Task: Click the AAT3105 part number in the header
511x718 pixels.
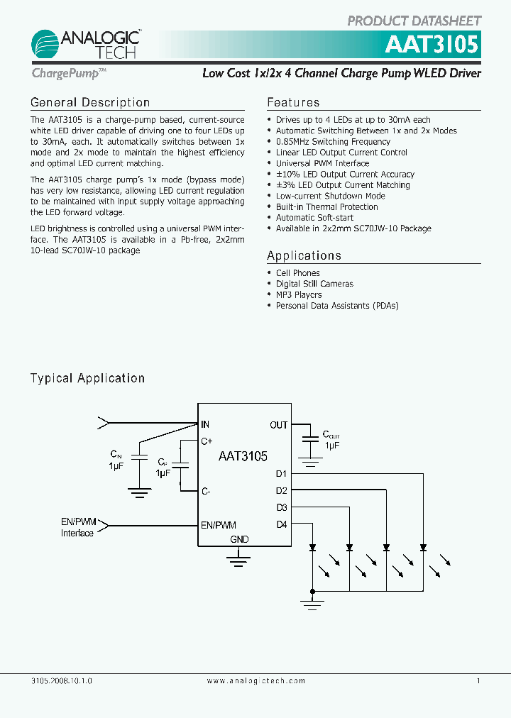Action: [432, 45]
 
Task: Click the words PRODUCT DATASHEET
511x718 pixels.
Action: [414, 21]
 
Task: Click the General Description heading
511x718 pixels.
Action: [90, 103]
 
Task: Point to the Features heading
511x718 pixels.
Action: [293, 103]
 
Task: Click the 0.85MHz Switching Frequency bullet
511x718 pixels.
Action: [333, 142]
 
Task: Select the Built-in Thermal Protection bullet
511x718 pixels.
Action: [326, 207]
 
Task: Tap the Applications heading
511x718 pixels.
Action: [304, 255]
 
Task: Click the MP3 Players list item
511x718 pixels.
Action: [299, 294]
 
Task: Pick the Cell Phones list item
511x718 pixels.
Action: [297, 273]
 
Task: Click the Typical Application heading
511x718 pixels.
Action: [87, 378]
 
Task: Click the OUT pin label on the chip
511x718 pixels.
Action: [278, 425]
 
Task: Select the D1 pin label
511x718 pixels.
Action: [281, 473]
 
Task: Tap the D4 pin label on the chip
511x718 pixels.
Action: [281, 525]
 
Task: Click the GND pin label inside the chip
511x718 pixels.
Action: [239, 539]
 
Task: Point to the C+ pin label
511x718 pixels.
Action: [207, 441]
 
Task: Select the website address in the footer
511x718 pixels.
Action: [255, 680]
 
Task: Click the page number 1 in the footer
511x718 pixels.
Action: [478, 680]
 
